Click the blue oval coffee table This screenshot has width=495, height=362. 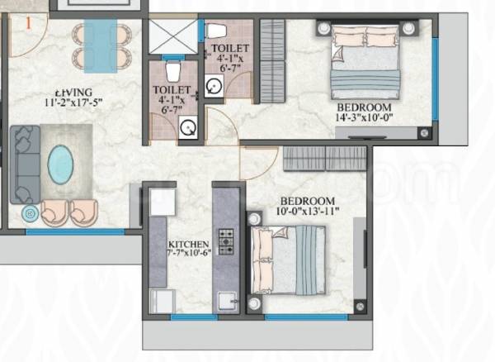[x=60, y=165]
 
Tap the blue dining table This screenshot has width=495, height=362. [x=101, y=45]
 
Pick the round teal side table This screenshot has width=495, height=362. [x=31, y=212]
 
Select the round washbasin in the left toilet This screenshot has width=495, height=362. [x=189, y=127]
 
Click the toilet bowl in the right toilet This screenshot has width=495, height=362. [x=217, y=32]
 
